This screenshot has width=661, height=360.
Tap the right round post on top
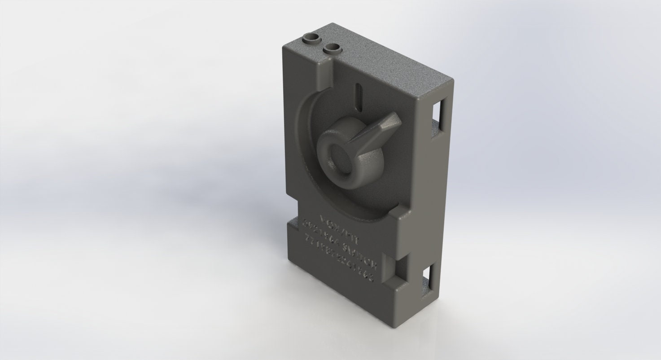(332, 47)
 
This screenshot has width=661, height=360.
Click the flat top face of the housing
(386, 63)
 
